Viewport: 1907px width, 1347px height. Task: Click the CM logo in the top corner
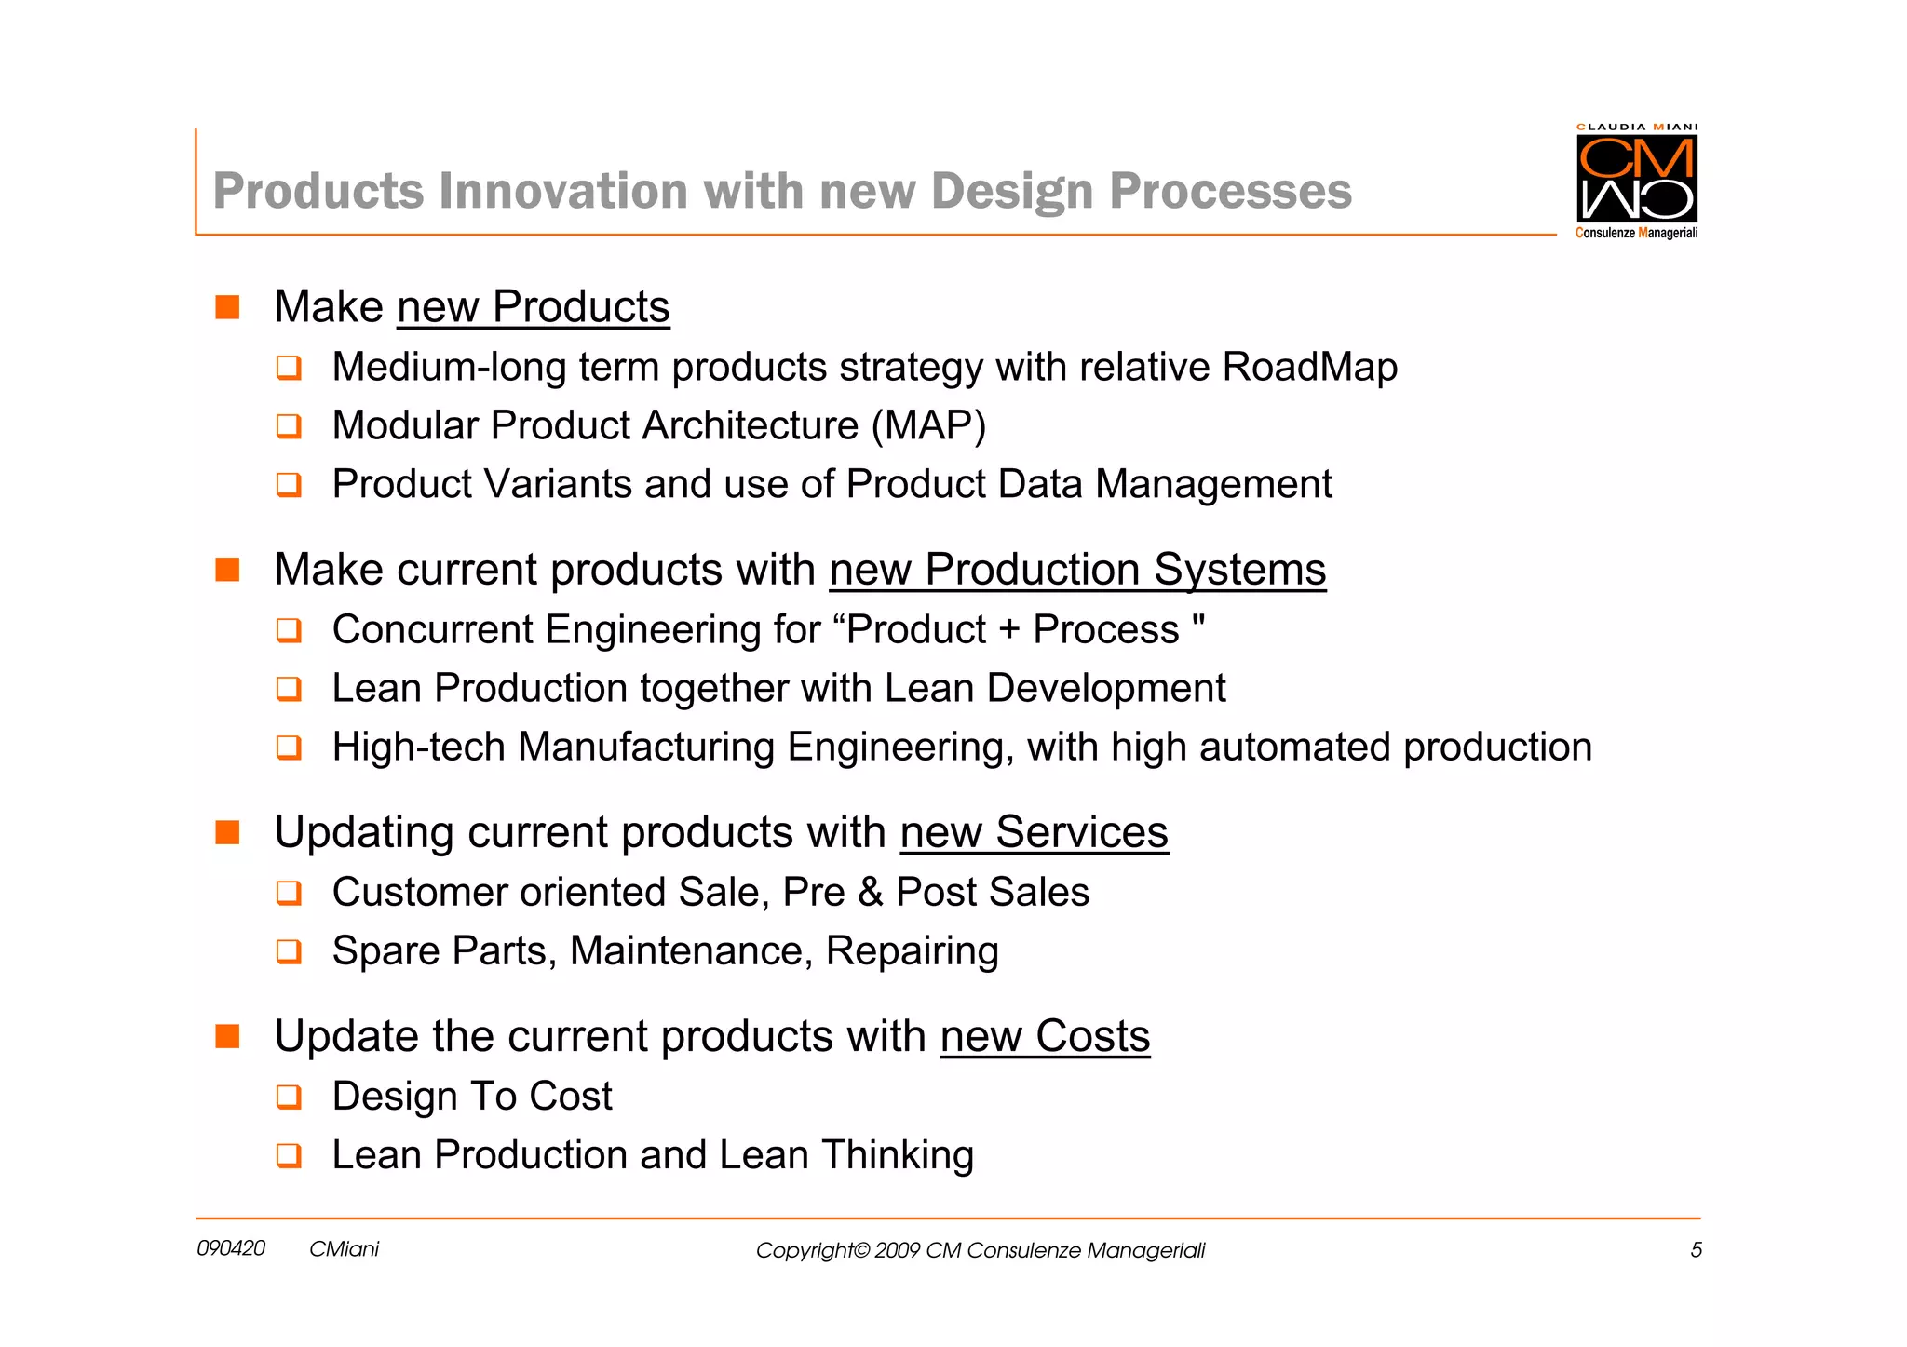[1636, 179]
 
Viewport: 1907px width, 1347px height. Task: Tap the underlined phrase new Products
[533, 307]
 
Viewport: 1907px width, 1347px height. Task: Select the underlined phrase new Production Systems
[1077, 570]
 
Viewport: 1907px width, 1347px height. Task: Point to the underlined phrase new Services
[1034, 832]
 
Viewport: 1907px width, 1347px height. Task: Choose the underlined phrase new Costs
[1045, 1037]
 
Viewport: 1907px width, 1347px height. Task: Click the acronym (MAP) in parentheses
[928, 426]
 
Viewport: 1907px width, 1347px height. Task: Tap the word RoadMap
[1309, 368]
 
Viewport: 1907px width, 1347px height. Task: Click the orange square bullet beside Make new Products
[227, 307]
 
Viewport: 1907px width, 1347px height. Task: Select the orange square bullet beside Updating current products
[227, 832]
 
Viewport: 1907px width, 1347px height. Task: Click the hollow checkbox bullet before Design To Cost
[289, 1097]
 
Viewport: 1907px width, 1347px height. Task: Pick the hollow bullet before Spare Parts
[289, 951]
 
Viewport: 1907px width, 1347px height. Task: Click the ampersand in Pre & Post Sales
[870, 893]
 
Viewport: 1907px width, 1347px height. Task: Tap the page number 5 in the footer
[1696, 1250]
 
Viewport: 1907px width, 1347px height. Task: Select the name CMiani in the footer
[344, 1249]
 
